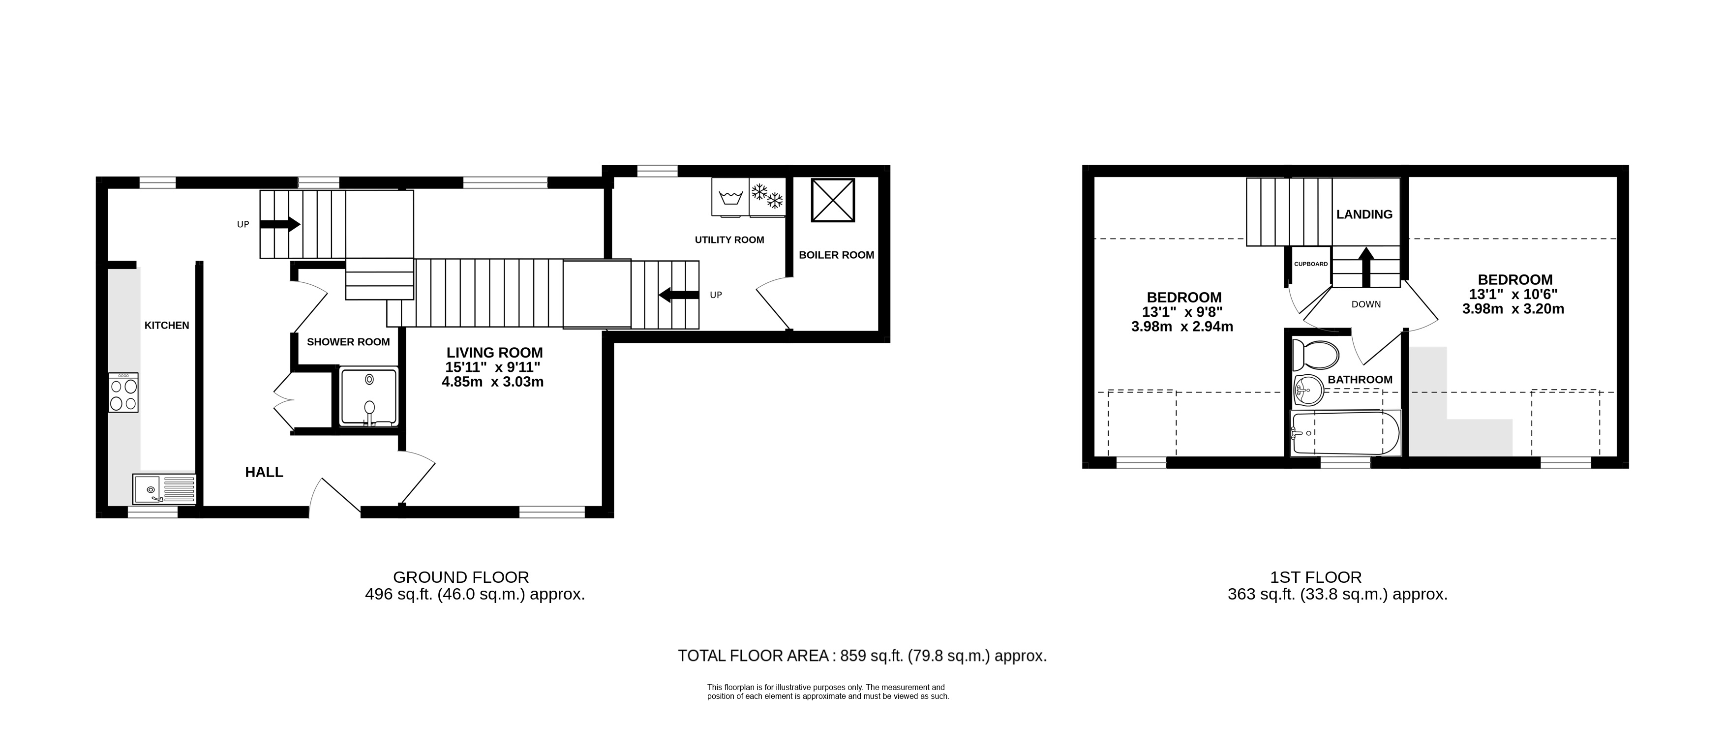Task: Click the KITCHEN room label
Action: (167, 326)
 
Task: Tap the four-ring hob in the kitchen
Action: (123, 392)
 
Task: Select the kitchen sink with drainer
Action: (164, 489)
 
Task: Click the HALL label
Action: (264, 472)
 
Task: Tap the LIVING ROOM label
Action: (495, 352)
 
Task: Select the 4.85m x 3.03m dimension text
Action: (493, 382)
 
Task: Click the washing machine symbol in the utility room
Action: (730, 197)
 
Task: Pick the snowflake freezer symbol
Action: (767, 197)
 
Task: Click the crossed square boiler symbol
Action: (833, 200)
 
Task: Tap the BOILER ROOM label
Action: (836, 255)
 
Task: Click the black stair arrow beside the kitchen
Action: (280, 224)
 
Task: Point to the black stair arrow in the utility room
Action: (679, 295)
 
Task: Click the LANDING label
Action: (1364, 214)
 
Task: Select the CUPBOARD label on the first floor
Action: (1310, 264)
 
